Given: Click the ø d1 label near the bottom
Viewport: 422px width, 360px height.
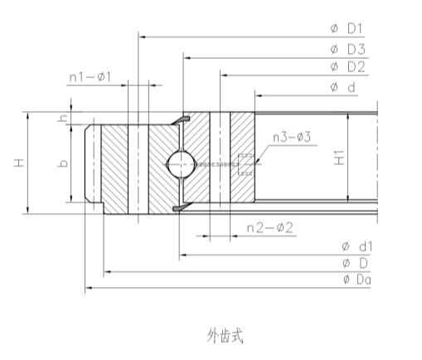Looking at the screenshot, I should (x=357, y=246).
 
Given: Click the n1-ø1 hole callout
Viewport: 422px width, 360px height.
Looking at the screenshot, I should (x=95, y=77).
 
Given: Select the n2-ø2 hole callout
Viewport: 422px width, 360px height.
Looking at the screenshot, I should (x=268, y=226).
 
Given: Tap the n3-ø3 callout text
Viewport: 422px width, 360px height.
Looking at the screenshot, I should (x=291, y=137).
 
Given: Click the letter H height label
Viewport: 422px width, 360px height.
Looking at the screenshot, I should (x=18, y=163).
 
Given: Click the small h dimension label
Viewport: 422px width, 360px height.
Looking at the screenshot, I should (x=61, y=121).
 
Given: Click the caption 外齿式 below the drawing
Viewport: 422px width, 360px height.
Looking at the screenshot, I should (x=225, y=335).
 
